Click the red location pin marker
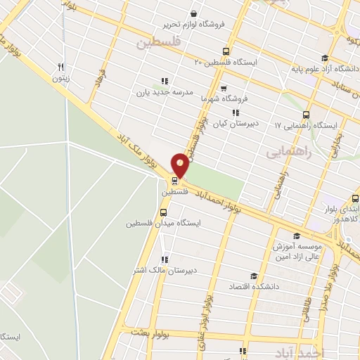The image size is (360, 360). pyautogui.click(x=180, y=165)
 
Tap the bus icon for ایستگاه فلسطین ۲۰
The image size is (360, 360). pyautogui.click(x=226, y=51)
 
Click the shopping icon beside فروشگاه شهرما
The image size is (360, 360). pyautogui.click(x=223, y=89)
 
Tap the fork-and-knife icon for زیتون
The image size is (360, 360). pyautogui.click(x=60, y=67)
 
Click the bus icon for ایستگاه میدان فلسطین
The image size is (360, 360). pyautogui.click(x=164, y=212)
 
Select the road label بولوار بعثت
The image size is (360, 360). pyautogui.click(x=146, y=330)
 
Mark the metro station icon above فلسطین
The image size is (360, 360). pyautogui.click(x=174, y=180)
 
